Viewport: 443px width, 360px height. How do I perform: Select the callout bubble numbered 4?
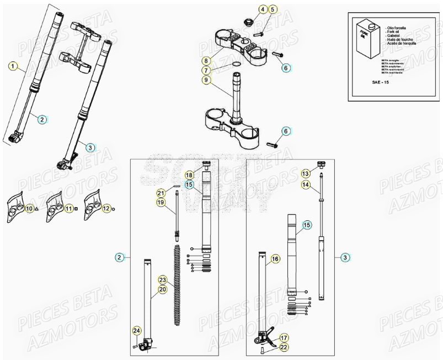tap(263, 9)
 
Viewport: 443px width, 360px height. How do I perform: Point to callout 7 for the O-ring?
tap(205, 70)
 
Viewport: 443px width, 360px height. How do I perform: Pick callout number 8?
tap(205, 60)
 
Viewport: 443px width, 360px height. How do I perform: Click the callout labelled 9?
tap(205, 80)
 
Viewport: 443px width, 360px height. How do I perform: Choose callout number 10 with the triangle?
tap(29, 209)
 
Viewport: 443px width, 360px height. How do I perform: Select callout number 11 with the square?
tap(68, 209)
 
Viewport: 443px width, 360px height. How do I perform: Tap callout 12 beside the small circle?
tap(106, 208)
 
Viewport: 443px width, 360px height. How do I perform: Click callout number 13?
tap(306, 173)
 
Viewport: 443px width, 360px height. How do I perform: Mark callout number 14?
tap(306, 184)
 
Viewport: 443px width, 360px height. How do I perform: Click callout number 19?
tap(161, 203)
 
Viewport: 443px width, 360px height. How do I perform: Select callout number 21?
tap(161, 193)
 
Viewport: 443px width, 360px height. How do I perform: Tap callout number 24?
tap(136, 331)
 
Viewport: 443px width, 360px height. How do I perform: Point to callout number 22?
tap(284, 347)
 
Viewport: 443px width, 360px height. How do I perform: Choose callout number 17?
tap(284, 337)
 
